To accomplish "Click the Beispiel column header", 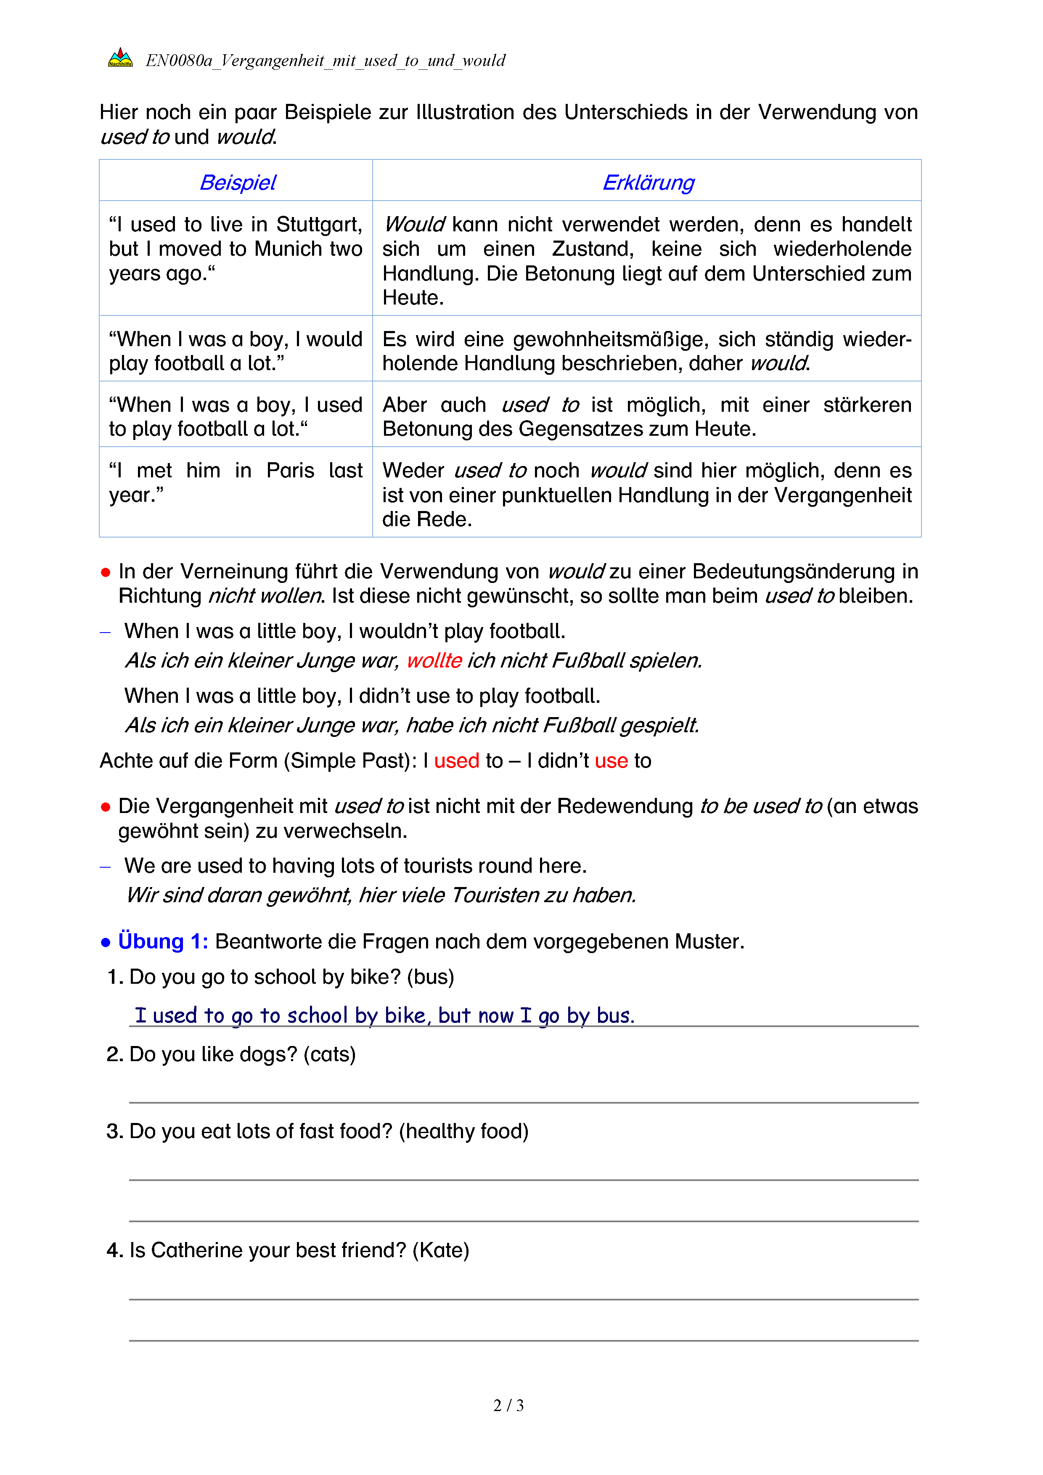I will tap(238, 183).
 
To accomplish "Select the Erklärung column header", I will tap(648, 183).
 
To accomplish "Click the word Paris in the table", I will tap(290, 470).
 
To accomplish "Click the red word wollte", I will tap(434, 660).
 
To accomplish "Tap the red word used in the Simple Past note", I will tap(457, 760).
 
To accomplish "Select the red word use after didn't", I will tap(611, 760).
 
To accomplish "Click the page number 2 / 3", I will tap(508, 1406).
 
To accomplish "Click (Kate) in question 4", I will tap(441, 1250).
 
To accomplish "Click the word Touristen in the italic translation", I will tap(495, 895).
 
